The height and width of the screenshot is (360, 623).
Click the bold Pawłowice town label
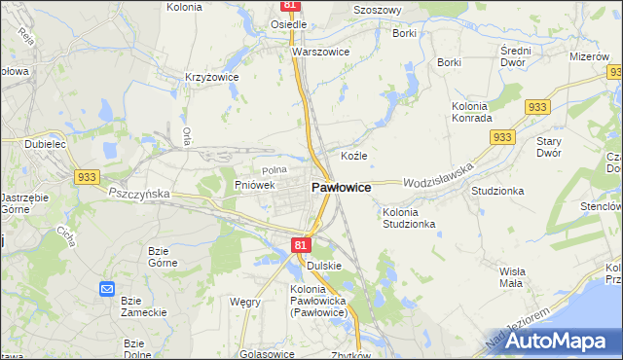pyautogui.click(x=340, y=187)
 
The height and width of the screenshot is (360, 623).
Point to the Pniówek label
pyautogui.click(x=256, y=184)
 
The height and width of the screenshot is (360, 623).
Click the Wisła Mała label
pyautogui.click(x=511, y=276)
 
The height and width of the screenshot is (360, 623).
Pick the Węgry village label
pyautogui.click(x=244, y=302)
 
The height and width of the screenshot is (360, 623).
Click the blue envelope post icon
pyautogui.click(x=106, y=289)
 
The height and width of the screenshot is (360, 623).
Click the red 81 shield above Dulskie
pyautogui.click(x=300, y=245)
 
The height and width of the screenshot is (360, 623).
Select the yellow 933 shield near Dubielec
pyautogui.click(x=87, y=176)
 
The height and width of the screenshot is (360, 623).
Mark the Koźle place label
pyautogui.click(x=353, y=156)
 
